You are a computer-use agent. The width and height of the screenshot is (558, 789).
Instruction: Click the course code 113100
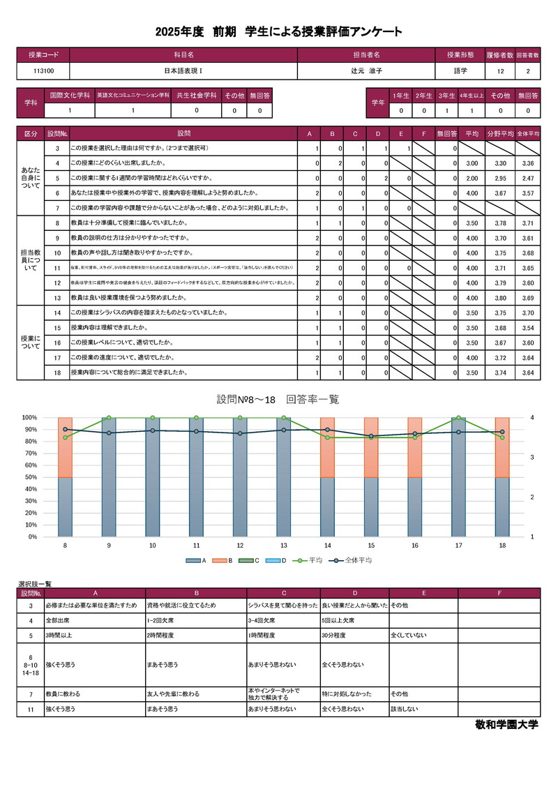[43, 71]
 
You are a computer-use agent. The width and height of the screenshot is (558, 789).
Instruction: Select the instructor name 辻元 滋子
[367, 71]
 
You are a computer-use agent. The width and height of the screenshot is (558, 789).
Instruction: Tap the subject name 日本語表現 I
[183, 71]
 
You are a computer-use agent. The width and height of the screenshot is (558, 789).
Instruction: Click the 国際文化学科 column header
[69, 96]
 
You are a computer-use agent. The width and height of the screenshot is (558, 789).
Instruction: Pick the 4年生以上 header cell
[471, 96]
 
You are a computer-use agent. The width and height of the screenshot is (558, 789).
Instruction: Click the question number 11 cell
[56, 267]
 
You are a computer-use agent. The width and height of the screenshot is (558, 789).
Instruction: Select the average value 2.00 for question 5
[472, 178]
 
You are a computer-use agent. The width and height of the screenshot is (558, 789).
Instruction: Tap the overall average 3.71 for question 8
[527, 223]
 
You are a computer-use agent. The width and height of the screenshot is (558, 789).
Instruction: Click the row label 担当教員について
[31, 260]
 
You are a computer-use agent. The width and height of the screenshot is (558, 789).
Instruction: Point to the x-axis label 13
[284, 546]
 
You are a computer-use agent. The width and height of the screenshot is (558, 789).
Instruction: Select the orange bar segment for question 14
[328, 447]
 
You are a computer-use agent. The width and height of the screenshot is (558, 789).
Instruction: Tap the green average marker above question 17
[458, 418]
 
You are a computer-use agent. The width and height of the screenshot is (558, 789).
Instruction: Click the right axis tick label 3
[532, 458]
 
